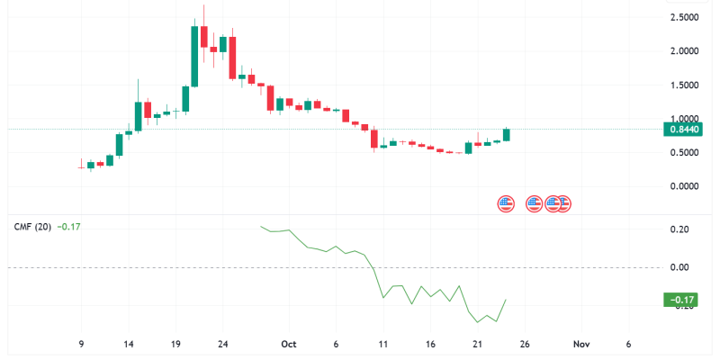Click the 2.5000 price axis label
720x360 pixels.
tap(686, 17)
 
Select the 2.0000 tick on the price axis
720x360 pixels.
tap(686, 51)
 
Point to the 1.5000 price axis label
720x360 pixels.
tap(686, 85)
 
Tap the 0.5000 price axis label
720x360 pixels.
tap(686, 152)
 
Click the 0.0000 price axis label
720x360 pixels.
tap(686, 186)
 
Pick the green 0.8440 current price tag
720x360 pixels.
tap(683, 130)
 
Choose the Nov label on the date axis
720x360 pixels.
tap(581, 344)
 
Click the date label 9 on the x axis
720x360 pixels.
tap(81, 344)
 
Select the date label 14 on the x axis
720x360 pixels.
tap(129, 344)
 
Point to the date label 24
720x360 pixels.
tap(224, 344)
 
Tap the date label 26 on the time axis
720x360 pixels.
tap(526, 344)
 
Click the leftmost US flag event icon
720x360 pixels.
tap(506, 203)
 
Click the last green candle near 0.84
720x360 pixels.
tap(507, 134)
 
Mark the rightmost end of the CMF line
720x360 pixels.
tap(507, 300)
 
